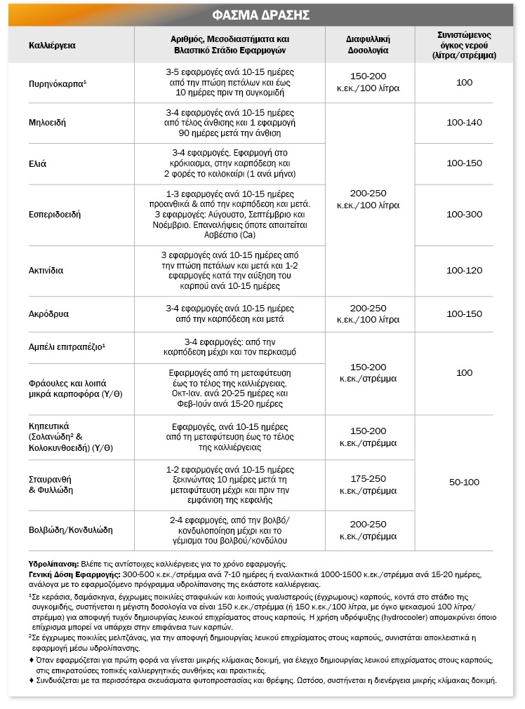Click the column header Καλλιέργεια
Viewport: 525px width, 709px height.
pyautogui.click(x=52, y=45)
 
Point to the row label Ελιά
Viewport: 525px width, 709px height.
pyautogui.click(x=38, y=163)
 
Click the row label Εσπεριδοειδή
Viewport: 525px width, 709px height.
pyautogui.click(x=55, y=215)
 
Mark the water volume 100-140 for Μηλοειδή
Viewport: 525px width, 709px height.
pyautogui.click(x=464, y=123)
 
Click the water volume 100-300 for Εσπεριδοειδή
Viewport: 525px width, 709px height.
pyautogui.click(x=464, y=215)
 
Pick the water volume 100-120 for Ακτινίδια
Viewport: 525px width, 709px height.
pyautogui.click(x=464, y=271)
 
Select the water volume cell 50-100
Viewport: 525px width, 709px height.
pyautogui.click(x=464, y=482)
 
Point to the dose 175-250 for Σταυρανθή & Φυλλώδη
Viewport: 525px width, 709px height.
pyautogui.click(x=368, y=478)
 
